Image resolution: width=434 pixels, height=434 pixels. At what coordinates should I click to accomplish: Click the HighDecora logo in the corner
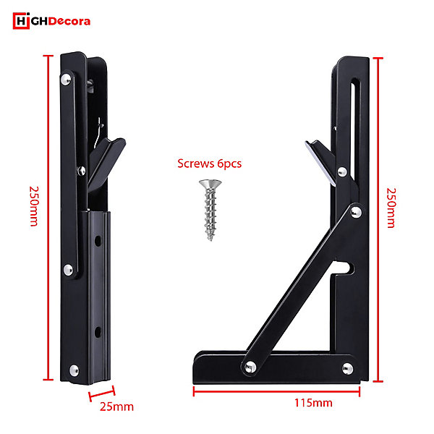[51, 21]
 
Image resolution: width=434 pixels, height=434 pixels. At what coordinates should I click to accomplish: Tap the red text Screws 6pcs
[209, 163]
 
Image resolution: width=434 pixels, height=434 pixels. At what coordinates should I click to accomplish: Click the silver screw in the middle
[210, 210]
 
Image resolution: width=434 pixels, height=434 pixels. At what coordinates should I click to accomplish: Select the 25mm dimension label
[116, 407]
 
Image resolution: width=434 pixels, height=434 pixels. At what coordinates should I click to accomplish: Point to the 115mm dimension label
[313, 403]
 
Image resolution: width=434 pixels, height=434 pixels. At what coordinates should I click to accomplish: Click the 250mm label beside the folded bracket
[34, 206]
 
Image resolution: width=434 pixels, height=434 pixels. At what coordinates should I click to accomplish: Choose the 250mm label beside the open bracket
[391, 208]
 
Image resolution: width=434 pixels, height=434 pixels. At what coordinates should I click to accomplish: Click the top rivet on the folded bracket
[66, 80]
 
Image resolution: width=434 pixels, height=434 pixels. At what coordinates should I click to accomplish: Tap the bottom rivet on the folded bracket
[74, 370]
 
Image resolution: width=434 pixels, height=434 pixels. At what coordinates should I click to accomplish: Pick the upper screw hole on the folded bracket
[98, 241]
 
